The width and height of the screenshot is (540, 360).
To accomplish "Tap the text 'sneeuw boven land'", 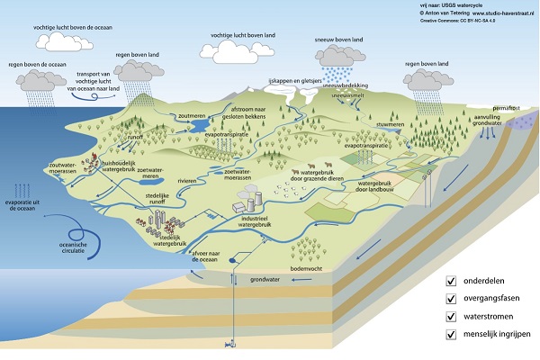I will tap(346, 40).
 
